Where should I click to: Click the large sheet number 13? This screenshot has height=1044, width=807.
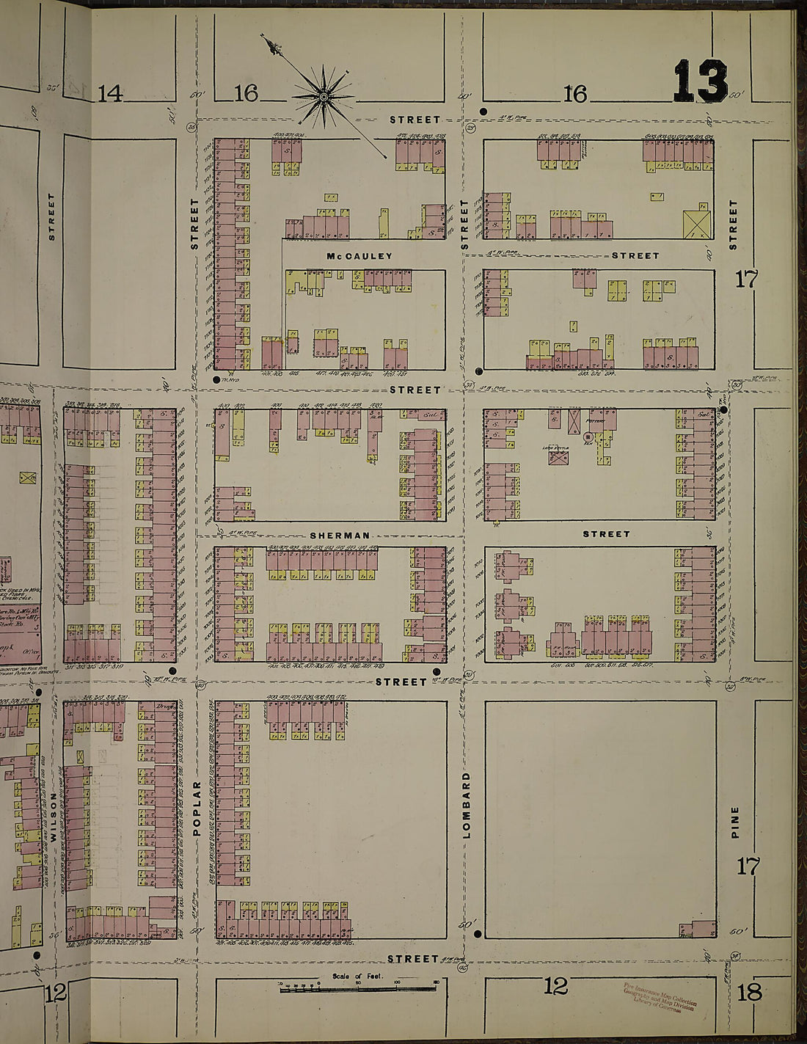(x=701, y=81)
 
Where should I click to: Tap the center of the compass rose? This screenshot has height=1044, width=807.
(x=323, y=95)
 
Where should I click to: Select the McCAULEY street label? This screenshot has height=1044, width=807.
(x=360, y=256)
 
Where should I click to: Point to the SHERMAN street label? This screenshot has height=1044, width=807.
(x=337, y=536)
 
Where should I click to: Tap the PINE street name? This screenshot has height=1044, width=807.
(x=735, y=822)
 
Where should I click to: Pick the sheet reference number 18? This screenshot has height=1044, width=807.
(x=750, y=993)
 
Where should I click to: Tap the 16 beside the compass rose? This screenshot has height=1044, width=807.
(x=247, y=93)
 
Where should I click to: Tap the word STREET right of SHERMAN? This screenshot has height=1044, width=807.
(x=606, y=534)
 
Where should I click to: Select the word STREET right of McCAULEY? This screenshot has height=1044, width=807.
(x=635, y=255)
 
